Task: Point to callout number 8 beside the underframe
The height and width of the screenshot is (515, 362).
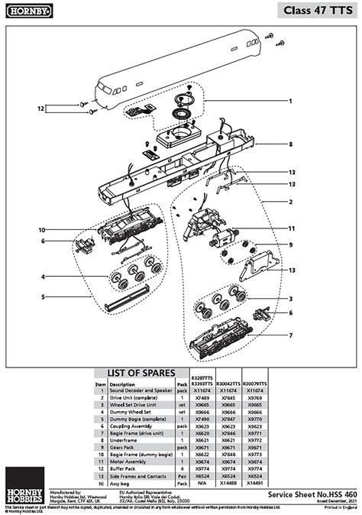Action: pos(290,144)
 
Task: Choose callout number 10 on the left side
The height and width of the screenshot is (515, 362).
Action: pos(43,230)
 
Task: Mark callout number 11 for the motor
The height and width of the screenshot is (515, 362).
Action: pos(290,228)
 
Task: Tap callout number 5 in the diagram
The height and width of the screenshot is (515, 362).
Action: pos(43,296)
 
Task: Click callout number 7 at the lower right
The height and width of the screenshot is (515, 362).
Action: pos(290,335)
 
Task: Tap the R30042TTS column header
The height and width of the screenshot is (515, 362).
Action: pos(228,381)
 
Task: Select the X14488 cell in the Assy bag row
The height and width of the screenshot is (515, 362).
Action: pos(228,484)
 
